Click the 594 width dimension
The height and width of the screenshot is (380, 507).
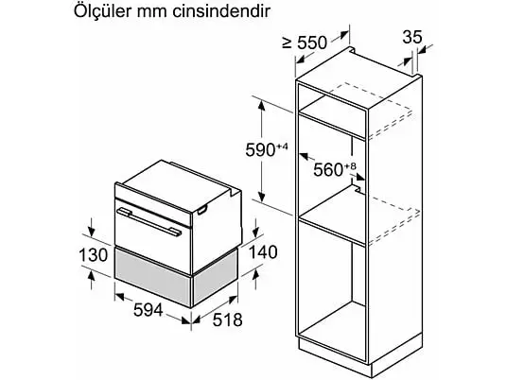pyautogui.click(x=149, y=311)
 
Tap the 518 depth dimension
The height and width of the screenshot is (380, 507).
pyautogui.click(x=227, y=320)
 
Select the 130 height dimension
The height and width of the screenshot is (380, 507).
pyautogui.click(x=94, y=254)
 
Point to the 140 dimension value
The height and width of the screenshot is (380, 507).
pyautogui.click(x=263, y=252)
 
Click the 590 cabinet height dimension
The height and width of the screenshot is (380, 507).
pyautogui.click(x=260, y=150)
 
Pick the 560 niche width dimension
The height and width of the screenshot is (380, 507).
pyautogui.click(x=328, y=169)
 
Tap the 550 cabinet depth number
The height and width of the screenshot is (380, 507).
pyautogui.click(x=312, y=43)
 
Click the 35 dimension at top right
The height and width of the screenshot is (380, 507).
pyautogui.click(x=412, y=37)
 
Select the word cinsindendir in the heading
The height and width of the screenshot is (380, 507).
pyautogui.click(x=221, y=11)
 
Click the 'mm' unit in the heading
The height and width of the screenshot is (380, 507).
pyautogui.click(x=152, y=13)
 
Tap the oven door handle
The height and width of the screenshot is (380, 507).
pyautogui.click(x=149, y=222)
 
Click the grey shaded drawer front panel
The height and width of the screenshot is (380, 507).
pyautogui.click(x=152, y=275)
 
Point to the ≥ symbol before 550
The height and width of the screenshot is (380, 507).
pyautogui.click(x=288, y=43)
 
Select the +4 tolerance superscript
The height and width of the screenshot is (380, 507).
pyautogui.click(x=282, y=147)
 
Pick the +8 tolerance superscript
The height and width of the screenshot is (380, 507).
pyautogui.click(x=350, y=166)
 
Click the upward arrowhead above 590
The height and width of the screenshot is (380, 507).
pyautogui.click(x=261, y=106)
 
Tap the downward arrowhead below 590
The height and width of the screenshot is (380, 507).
pyautogui.click(x=262, y=196)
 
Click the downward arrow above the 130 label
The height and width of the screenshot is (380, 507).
pyautogui.click(x=92, y=228)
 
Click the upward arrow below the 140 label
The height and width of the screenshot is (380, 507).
pyautogui.click(x=255, y=279)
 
